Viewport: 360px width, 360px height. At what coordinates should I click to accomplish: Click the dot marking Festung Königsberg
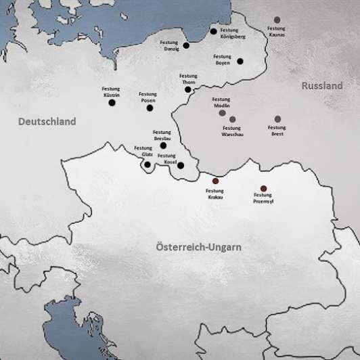click(213, 31)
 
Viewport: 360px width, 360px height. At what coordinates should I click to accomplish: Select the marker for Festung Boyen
click(240, 62)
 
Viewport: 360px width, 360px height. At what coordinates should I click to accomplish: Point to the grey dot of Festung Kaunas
click(277, 20)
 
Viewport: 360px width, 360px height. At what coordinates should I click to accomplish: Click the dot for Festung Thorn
click(188, 89)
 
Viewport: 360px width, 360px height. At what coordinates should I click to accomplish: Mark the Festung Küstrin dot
click(112, 103)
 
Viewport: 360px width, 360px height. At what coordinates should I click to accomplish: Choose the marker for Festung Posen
click(150, 108)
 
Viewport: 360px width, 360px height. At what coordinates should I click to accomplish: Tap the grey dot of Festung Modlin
click(222, 112)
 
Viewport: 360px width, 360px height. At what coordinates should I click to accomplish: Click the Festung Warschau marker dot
click(232, 120)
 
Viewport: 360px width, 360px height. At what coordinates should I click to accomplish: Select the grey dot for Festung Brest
click(277, 119)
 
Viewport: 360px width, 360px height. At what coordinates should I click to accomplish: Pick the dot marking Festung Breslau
click(163, 145)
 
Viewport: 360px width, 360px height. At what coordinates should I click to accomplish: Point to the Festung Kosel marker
click(180, 164)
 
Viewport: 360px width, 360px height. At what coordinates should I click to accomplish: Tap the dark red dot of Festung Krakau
click(216, 181)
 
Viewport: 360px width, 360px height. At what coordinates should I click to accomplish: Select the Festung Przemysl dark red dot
click(263, 189)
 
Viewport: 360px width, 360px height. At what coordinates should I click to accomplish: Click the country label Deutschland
click(47, 121)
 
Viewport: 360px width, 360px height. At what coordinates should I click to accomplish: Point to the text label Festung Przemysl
click(263, 199)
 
